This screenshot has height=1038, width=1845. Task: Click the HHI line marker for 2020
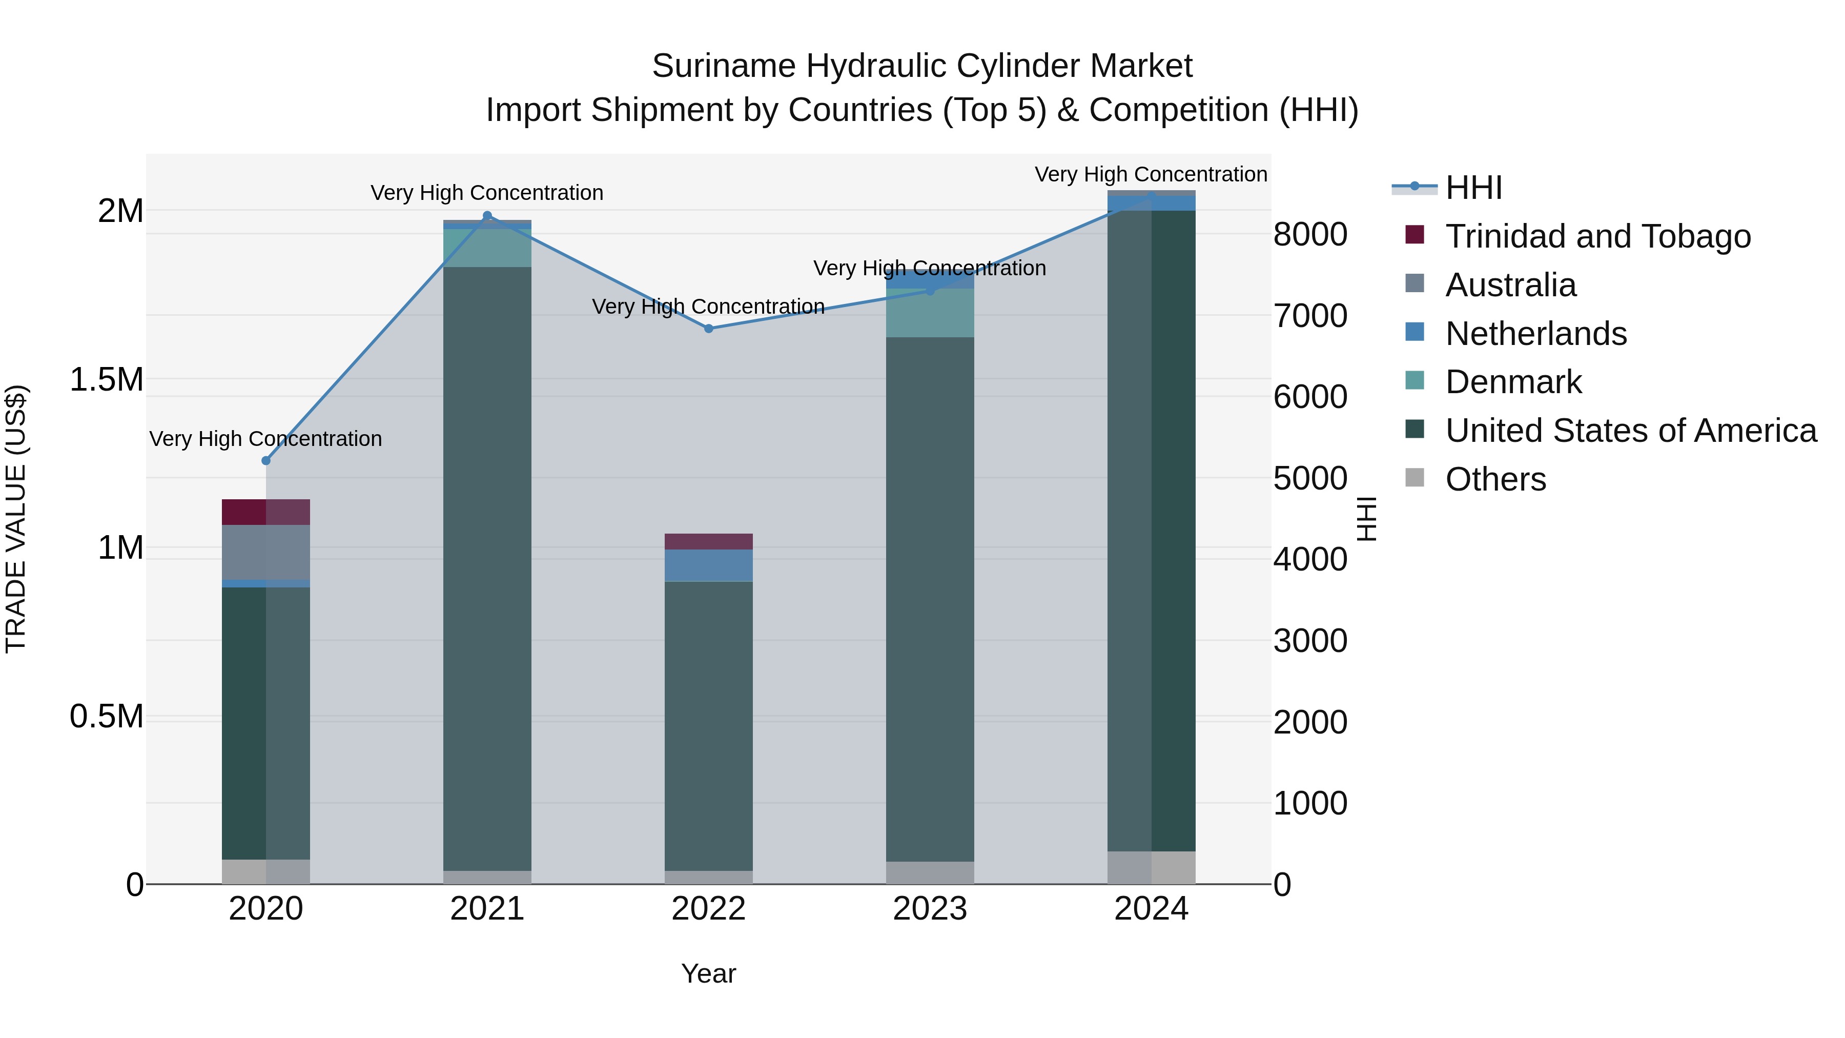265,461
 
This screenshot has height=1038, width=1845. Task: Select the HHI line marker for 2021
487,216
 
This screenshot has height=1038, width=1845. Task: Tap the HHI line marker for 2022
708,329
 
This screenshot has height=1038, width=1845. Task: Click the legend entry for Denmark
1513,382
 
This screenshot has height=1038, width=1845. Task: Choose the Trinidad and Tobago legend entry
1597,236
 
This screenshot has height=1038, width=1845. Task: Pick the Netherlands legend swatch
1414,332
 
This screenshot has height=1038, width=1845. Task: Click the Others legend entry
1495,479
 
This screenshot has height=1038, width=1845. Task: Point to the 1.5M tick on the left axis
106,380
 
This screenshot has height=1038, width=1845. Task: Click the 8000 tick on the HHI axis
1310,234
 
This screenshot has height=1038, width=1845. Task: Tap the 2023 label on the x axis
930,909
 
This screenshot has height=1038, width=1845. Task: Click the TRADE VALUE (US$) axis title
16,519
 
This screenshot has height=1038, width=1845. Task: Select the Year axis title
708,973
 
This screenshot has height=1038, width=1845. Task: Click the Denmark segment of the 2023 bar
930,313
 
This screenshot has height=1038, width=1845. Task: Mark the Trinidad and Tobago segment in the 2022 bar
708,542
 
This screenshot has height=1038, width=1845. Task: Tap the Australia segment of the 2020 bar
265,552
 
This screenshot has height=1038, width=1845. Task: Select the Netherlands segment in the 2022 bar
708,565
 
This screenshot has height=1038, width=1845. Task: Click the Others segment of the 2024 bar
1151,867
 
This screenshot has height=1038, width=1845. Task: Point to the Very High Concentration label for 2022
708,307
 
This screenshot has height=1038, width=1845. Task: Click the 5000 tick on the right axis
1310,479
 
